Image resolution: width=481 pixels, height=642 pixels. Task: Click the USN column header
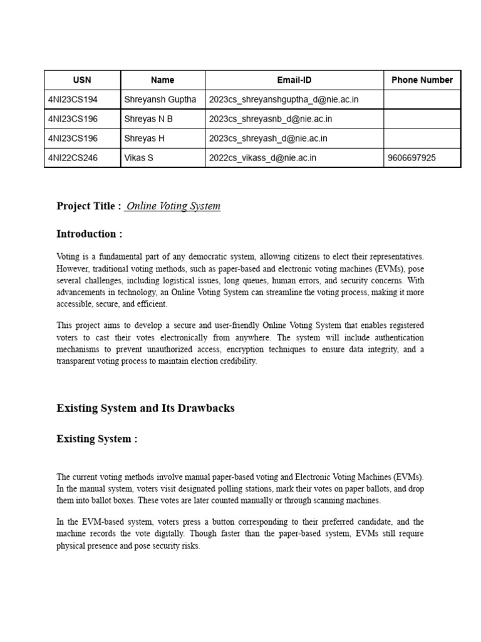[82, 80]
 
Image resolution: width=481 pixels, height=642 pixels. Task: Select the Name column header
[163, 80]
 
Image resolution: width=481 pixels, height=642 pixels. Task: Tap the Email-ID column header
[294, 80]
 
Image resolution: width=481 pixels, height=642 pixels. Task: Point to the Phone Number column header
[422, 80]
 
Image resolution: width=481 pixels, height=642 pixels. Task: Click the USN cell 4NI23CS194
[73, 99]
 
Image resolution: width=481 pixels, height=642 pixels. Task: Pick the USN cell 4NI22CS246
[73, 158]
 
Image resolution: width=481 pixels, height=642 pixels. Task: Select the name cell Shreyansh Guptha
[160, 99]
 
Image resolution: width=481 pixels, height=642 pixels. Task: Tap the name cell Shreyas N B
[148, 118]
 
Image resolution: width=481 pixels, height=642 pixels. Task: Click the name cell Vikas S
[139, 158]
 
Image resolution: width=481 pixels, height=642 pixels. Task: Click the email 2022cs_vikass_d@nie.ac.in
[262, 158]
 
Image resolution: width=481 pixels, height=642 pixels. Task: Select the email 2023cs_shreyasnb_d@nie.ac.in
[271, 118]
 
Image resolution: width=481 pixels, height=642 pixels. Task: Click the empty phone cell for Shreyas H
[422, 138]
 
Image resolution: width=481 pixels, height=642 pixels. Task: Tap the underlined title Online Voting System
[173, 206]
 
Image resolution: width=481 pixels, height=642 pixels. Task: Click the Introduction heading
[90, 234]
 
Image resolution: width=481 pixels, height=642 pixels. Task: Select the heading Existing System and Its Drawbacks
[145, 408]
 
